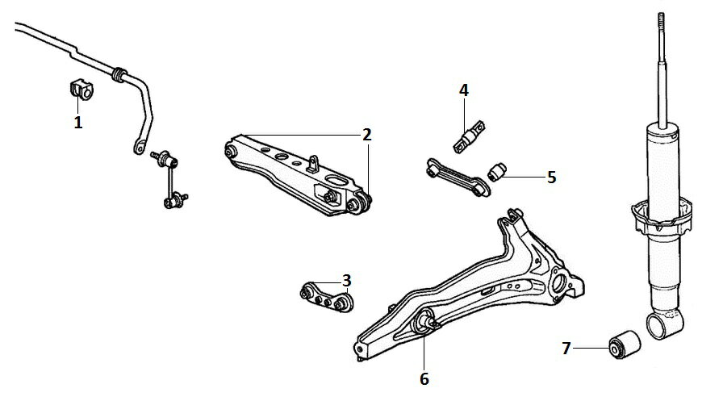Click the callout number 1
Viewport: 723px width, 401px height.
click(78, 123)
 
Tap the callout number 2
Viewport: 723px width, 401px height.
click(366, 135)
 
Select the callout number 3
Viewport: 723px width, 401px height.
click(347, 280)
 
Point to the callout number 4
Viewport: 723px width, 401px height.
click(464, 90)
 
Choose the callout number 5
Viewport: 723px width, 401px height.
click(552, 178)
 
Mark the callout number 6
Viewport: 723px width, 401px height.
click(424, 379)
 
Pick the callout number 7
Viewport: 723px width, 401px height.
click(566, 349)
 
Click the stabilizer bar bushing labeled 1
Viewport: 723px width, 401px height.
click(81, 90)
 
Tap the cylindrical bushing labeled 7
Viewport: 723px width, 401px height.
click(625, 345)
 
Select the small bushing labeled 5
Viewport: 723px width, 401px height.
click(497, 172)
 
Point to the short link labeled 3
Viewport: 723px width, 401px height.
click(327, 296)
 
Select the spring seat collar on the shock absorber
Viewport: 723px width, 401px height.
click(662, 215)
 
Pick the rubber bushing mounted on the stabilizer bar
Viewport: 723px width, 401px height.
click(119, 74)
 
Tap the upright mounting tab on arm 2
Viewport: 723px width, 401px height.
click(315, 163)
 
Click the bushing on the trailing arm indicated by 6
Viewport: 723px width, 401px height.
click(424, 321)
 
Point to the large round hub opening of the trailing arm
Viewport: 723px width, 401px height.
click(558, 282)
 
